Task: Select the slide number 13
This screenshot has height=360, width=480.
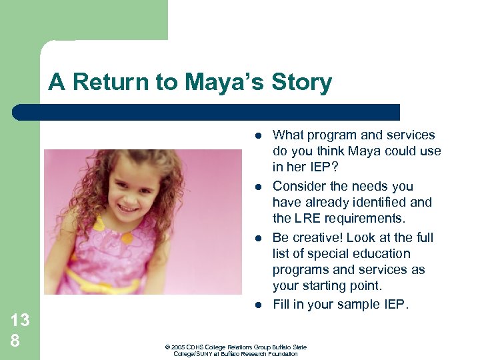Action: click(20, 320)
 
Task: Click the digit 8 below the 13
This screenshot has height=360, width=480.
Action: click(15, 341)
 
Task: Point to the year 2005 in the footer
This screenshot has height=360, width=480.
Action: click(177, 347)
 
